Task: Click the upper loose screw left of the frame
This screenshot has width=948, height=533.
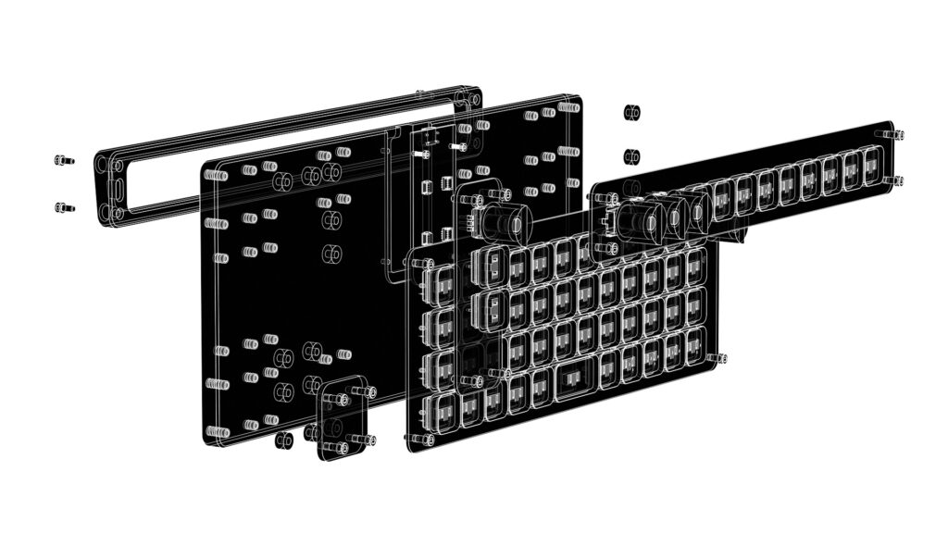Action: tap(62, 160)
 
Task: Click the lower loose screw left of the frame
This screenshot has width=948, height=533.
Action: tap(62, 207)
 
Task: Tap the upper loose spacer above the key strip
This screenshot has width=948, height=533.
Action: tap(632, 113)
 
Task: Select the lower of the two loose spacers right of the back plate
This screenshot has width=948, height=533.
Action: tap(632, 155)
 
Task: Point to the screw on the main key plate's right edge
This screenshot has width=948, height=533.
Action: tap(719, 357)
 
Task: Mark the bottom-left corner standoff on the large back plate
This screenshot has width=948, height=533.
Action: tap(218, 432)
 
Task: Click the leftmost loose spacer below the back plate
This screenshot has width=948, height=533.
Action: tap(284, 440)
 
